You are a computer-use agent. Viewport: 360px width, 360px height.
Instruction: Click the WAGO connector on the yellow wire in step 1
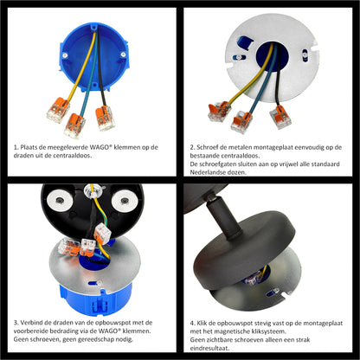[58, 110]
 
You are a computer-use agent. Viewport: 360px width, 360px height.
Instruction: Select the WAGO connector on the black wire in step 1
[106, 118]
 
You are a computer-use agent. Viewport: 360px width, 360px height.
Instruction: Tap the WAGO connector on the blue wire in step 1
[74, 125]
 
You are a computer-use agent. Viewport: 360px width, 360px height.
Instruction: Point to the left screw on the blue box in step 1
[65, 55]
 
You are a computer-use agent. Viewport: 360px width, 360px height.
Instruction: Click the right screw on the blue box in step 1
[123, 55]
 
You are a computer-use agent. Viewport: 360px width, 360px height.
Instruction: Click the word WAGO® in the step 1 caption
[100, 147]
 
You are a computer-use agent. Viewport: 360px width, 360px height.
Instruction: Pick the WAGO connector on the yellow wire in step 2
[219, 111]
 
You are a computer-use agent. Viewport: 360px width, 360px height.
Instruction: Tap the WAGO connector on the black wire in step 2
[281, 117]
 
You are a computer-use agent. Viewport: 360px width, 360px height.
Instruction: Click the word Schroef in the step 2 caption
[207, 147]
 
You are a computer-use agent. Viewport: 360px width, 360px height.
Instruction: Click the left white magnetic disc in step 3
[61, 201]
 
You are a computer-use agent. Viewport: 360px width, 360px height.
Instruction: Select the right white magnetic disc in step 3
[125, 201]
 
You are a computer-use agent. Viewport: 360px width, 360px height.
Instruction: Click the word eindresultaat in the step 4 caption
[209, 348]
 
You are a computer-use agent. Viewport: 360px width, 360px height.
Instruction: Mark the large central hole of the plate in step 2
[273, 58]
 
